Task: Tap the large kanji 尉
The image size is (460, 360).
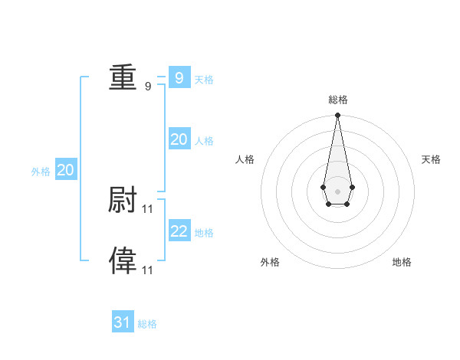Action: tap(123, 200)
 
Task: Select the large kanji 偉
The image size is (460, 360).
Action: tap(123, 261)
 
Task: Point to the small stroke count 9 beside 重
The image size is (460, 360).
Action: tap(148, 86)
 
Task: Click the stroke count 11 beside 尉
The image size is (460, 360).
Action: tap(148, 208)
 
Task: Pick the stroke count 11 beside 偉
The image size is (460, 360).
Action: tap(148, 270)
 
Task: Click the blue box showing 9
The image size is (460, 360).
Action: tap(179, 77)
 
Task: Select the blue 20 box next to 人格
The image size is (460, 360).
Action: tap(179, 139)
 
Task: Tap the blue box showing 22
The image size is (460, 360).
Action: tap(179, 231)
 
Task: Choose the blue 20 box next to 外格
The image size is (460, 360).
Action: tap(66, 170)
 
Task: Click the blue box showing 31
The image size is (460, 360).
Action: tap(123, 322)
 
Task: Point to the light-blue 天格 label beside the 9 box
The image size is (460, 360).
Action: tap(204, 80)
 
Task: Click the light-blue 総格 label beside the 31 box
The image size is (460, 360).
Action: tap(147, 325)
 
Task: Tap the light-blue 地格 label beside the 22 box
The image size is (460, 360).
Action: tap(204, 233)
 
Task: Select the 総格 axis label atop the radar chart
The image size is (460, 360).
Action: tap(338, 100)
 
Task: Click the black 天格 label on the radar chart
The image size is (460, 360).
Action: tap(431, 159)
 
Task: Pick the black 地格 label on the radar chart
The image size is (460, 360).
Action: tap(402, 262)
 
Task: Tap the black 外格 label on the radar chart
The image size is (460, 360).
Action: tap(270, 262)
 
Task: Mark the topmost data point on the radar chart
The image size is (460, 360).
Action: tap(337, 116)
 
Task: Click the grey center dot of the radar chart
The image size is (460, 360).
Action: tap(337, 191)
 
